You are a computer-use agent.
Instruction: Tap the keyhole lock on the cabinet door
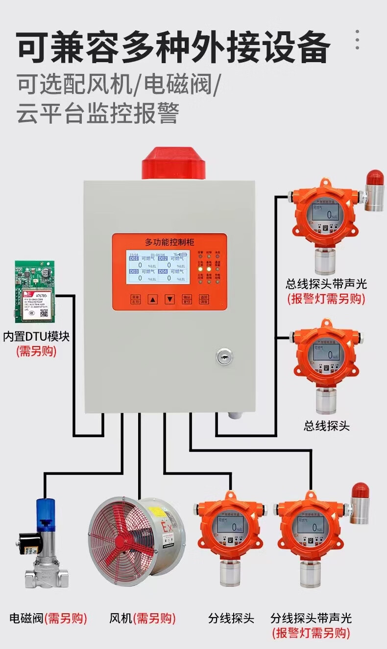pos(224,357)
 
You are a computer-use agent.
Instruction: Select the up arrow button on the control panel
pos(153,299)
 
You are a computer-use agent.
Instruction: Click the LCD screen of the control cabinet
pos(158,267)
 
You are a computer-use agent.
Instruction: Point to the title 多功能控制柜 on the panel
pos(169,242)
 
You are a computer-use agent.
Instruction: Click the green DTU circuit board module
pos(34,292)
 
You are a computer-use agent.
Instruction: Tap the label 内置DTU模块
pos(36,337)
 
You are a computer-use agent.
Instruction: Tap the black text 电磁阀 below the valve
pos(27,618)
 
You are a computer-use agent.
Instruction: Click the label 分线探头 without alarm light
pos(231,618)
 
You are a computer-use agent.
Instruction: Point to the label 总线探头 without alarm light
pos(327,425)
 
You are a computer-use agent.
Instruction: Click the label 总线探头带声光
pos(326,284)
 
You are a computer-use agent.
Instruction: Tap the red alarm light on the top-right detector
pos(374,178)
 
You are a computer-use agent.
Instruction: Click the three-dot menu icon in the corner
pos(358,39)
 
